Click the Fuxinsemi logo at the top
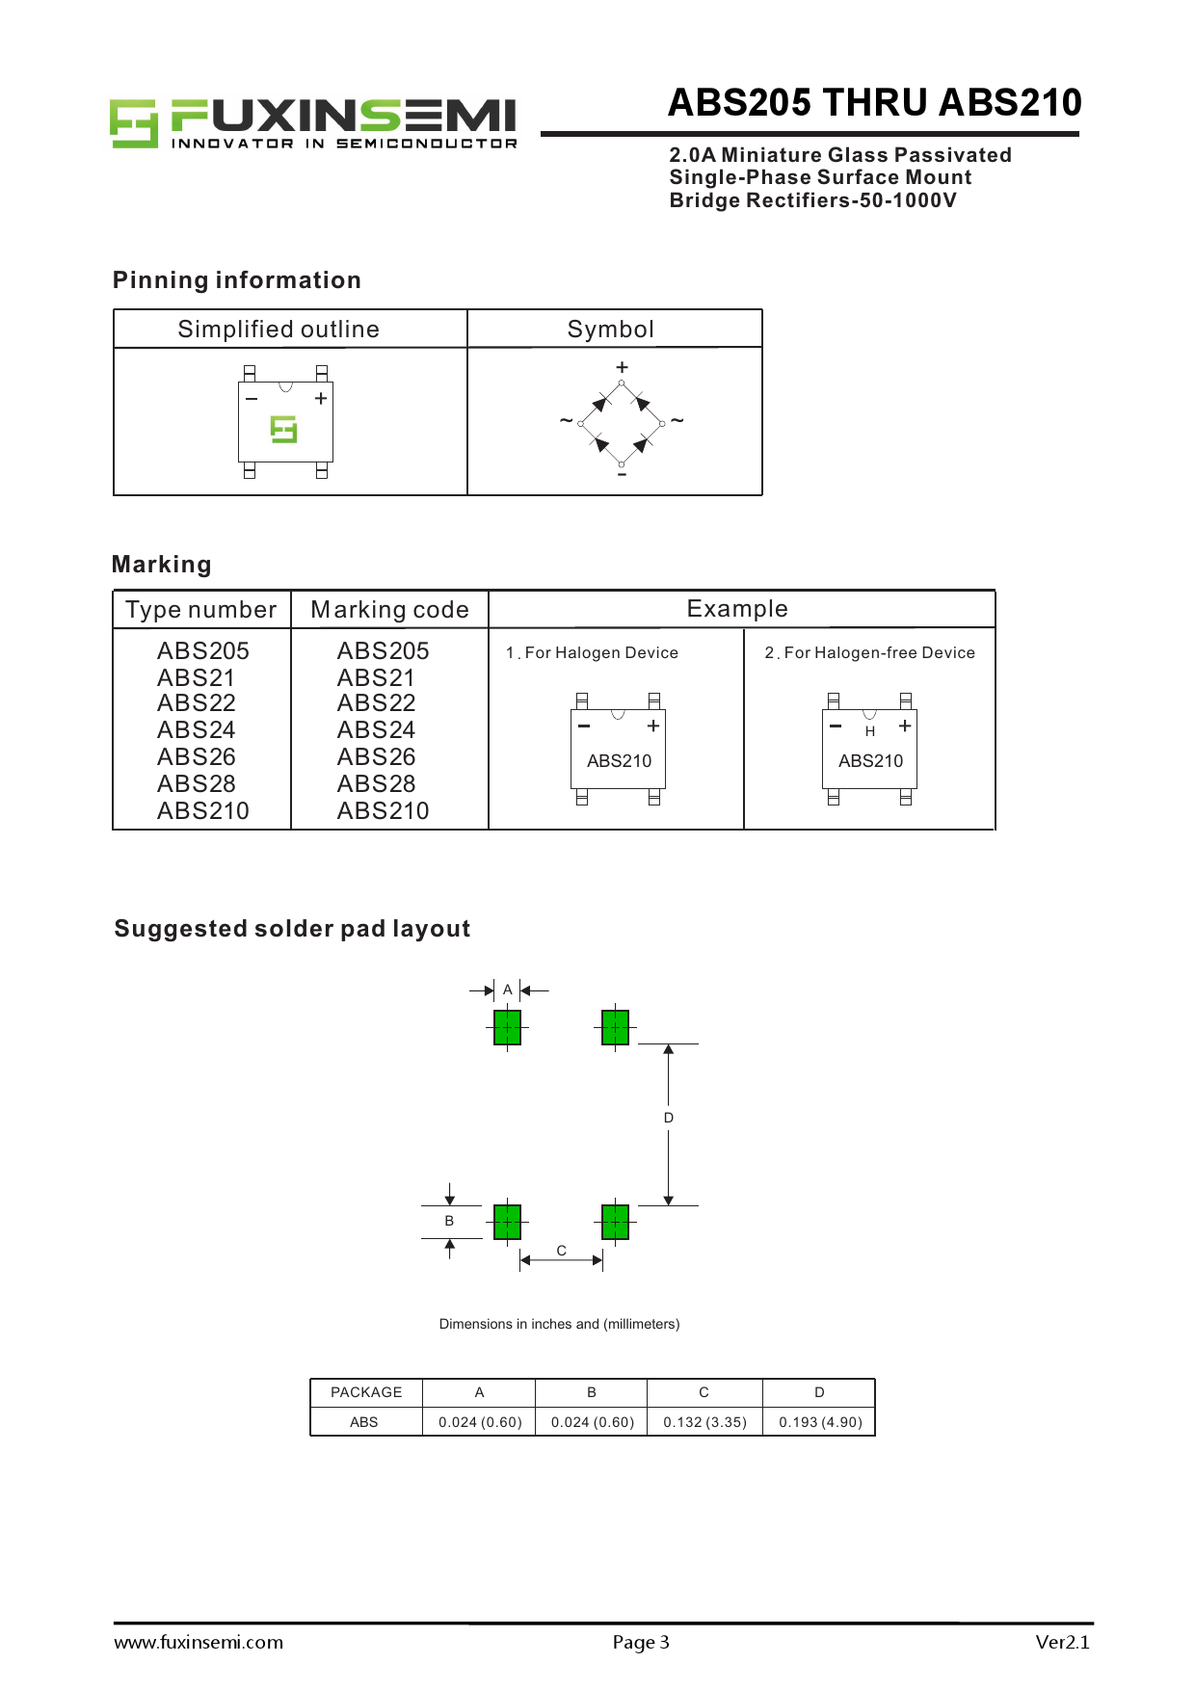313,123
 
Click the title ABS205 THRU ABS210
874,103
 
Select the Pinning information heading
236,280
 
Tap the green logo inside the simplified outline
283,429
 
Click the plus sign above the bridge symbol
622,367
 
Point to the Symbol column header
610,330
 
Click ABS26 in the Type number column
197,757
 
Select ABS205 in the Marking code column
383,651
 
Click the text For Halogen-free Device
879,652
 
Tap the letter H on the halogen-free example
870,731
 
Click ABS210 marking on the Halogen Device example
619,761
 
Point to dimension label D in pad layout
669,1118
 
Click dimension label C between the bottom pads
561,1251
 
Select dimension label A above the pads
507,990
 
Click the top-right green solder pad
615,1027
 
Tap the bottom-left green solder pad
507,1222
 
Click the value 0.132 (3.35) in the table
704,1422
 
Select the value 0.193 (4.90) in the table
820,1422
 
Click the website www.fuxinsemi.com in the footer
199,1642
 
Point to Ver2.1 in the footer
1062,1642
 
